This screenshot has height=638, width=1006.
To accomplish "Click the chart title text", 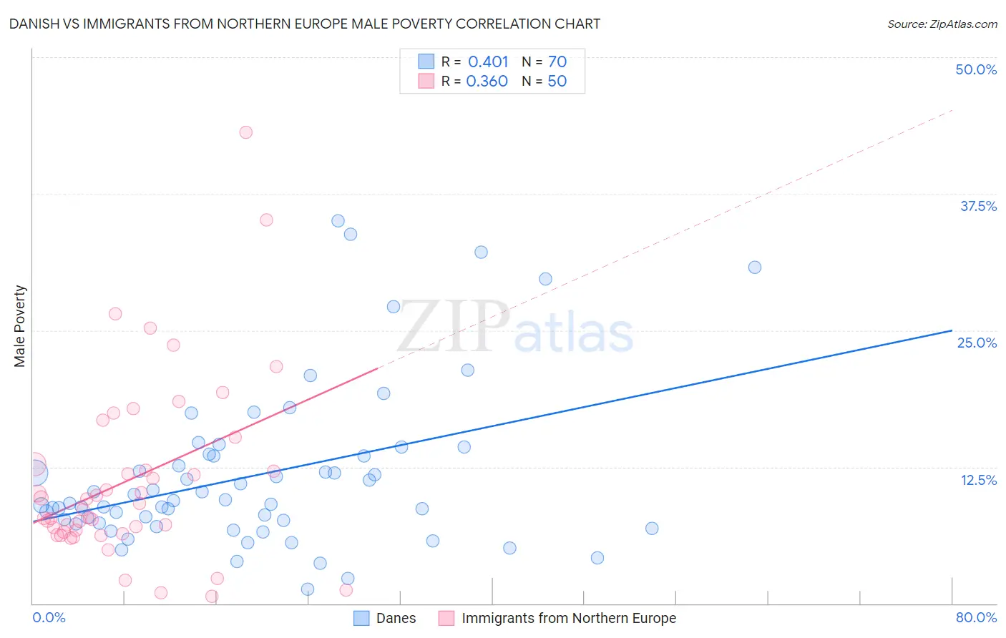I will [305, 24].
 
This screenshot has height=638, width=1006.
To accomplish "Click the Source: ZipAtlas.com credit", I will [942, 24].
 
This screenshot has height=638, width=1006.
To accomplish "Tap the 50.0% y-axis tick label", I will [976, 69].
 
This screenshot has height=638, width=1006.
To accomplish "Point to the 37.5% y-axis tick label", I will [978, 206].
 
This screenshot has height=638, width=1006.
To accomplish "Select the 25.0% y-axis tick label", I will [977, 343].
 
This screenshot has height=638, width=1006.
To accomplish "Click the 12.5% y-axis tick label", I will [978, 479].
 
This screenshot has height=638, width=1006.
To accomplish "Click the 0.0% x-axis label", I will [49, 617].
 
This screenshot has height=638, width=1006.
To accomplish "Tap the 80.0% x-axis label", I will [976, 617].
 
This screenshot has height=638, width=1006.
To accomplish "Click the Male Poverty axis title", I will [19, 326].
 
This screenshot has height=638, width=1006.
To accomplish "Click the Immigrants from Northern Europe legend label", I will [569, 618].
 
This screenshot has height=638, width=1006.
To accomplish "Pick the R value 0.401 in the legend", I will [488, 62].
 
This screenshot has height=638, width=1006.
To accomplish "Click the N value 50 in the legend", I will [557, 81].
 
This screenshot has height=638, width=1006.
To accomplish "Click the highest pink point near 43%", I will [245, 132].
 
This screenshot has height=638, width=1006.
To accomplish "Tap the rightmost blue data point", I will [754, 268].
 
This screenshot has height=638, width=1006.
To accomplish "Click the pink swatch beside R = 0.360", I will [426, 81].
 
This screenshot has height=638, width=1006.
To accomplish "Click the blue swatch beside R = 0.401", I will [426, 62].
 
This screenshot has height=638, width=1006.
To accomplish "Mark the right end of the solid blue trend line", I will [952, 330].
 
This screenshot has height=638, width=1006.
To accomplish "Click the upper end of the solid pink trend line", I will [377, 368].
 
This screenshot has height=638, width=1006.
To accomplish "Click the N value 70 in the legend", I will [557, 62].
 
